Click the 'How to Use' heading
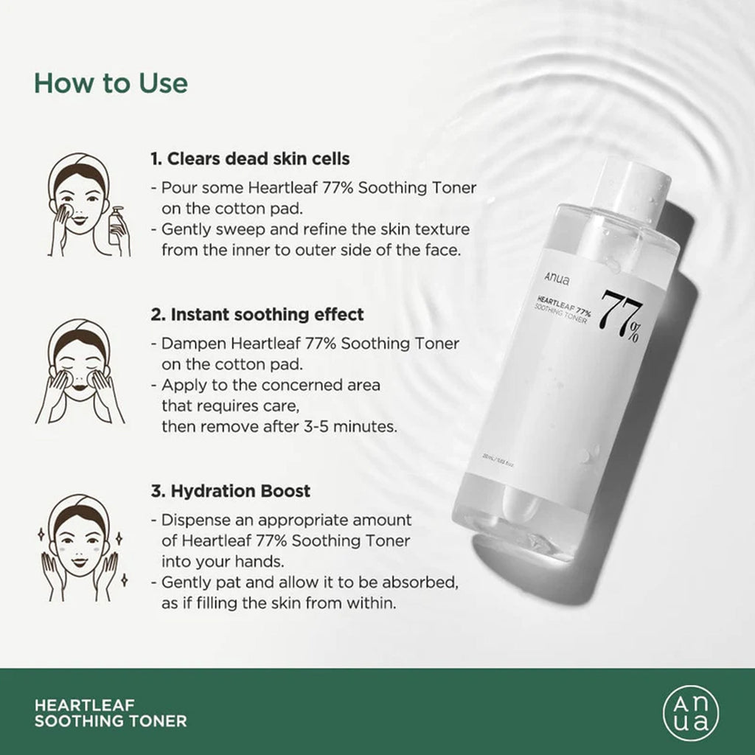tap(111, 83)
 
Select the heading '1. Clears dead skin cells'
tap(250, 159)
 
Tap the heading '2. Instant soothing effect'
tap(257, 315)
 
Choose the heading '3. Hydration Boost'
tap(231, 491)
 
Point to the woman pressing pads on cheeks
tap(80, 372)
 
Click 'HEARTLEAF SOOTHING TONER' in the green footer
tap(111, 713)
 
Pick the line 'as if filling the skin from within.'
tap(279, 603)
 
